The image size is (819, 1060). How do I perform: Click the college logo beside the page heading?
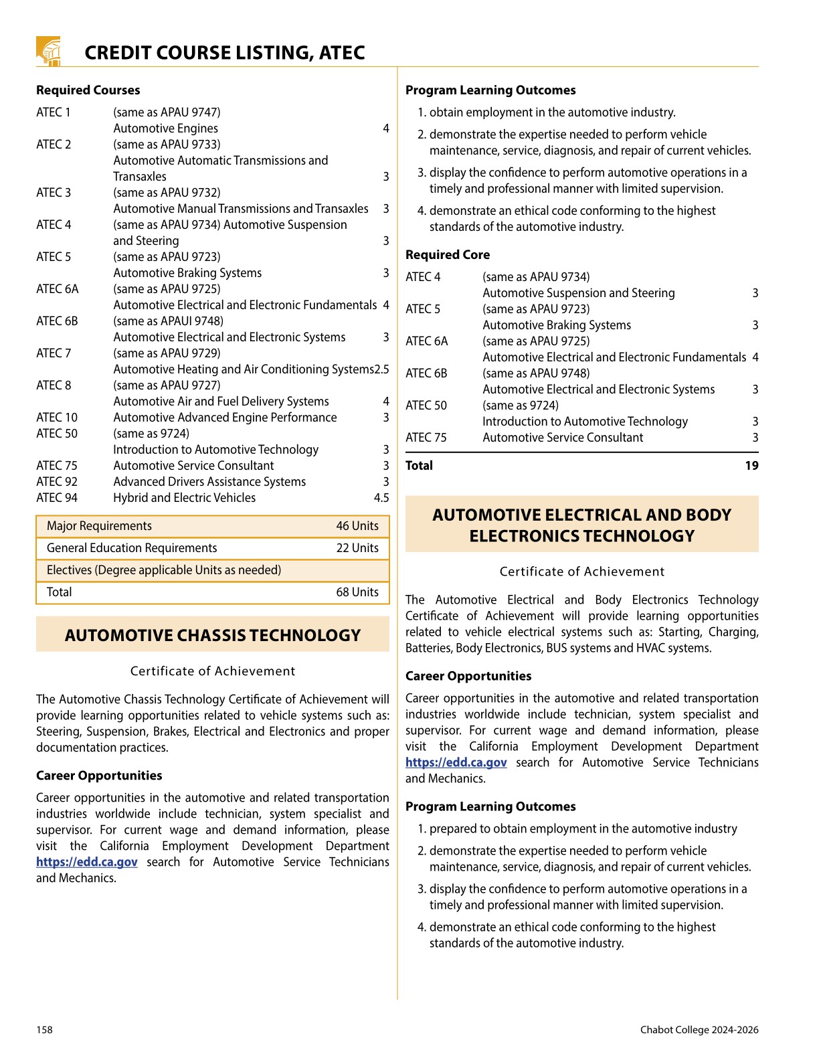click(x=49, y=52)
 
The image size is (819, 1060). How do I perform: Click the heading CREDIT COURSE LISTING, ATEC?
click(x=224, y=53)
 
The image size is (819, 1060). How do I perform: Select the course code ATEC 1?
click(x=54, y=112)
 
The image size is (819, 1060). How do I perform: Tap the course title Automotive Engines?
click(x=165, y=128)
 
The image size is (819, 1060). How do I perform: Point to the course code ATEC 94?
click(x=57, y=498)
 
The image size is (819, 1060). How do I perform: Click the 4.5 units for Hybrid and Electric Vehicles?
click(x=381, y=498)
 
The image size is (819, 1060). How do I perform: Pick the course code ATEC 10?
click(x=57, y=418)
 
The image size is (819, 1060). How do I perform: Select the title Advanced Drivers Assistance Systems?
click(x=209, y=482)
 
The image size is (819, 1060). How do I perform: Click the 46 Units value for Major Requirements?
click(x=357, y=526)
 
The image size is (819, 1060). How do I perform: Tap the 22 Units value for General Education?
click(x=357, y=548)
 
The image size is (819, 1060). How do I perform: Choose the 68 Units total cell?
click(x=357, y=592)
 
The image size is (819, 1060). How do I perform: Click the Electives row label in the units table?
click(x=164, y=570)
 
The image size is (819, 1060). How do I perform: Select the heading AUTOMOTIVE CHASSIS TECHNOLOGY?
click(x=213, y=635)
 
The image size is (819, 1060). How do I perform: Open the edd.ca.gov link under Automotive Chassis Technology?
click(x=87, y=862)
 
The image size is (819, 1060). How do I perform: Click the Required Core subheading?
click(x=448, y=255)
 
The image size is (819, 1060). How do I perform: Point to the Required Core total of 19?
click(x=751, y=466)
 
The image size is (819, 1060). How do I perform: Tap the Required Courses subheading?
click(x=88, y=90)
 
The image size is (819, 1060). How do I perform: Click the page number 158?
click(x=44, y=1030)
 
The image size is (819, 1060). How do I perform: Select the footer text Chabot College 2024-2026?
click(x=699, y=1030)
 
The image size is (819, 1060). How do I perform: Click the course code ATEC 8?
click(x=54, y=385)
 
